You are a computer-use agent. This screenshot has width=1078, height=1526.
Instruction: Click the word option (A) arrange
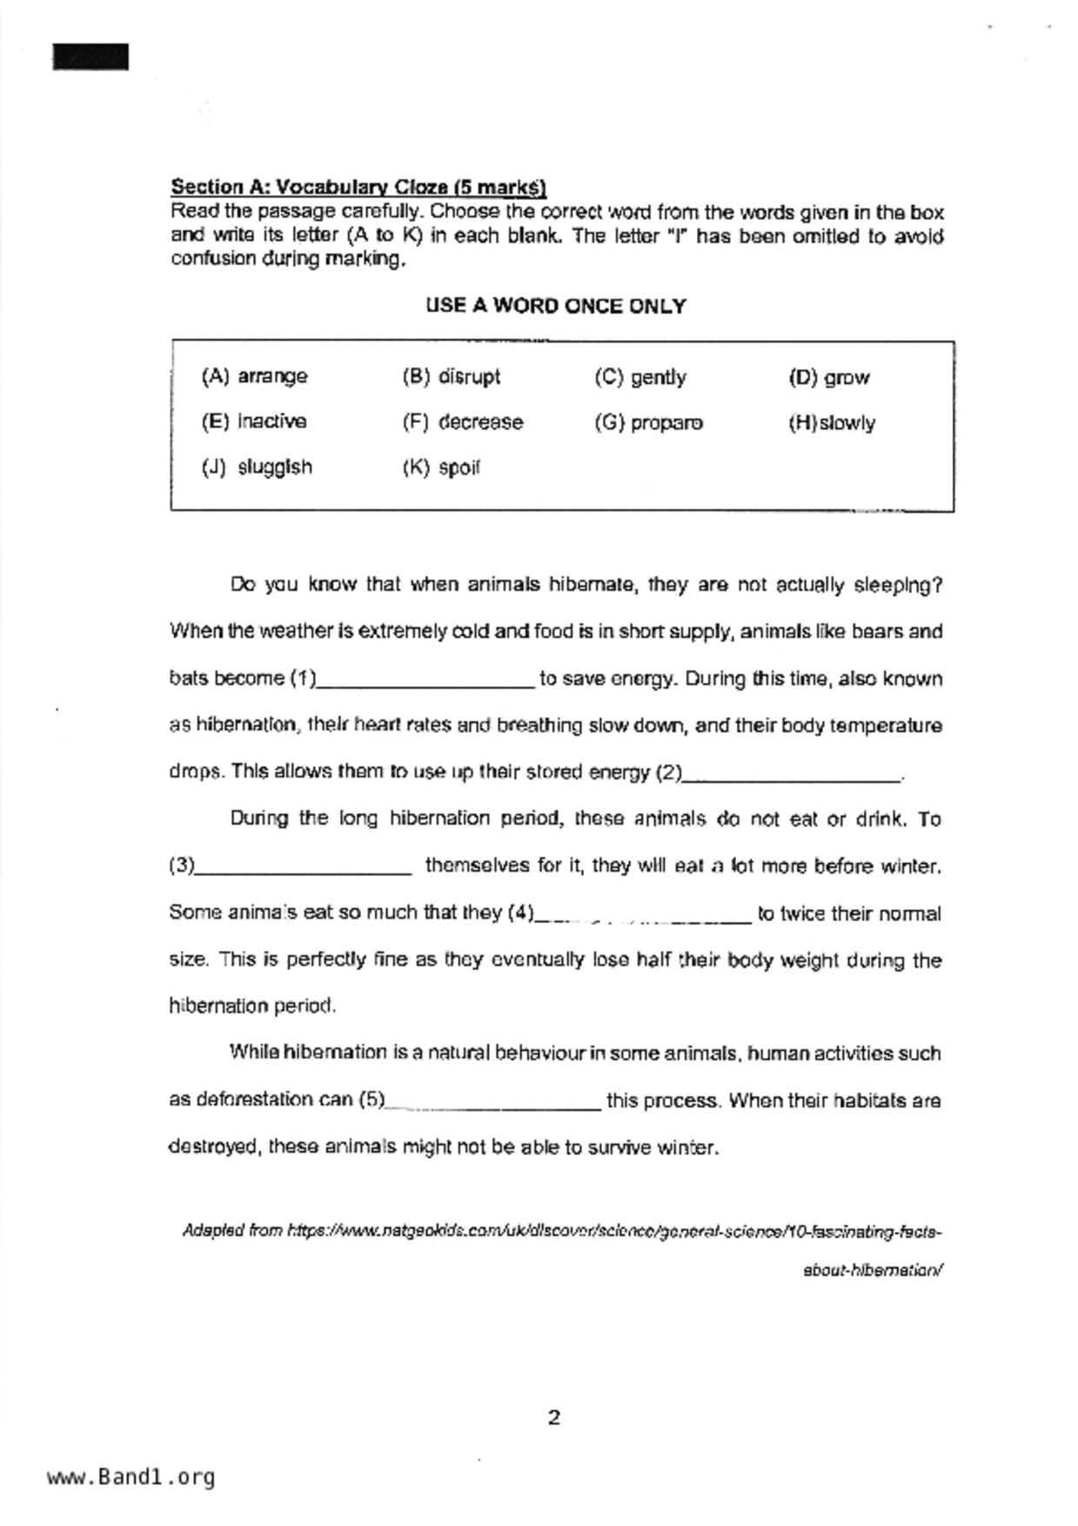click(x=254, y=377)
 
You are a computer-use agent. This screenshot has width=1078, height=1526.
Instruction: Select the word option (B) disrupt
click(x=451, y=377)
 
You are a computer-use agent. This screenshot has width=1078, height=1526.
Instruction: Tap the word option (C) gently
click(x=640, y=378)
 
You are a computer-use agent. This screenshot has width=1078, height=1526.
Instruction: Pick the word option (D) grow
click(x=829, y=378)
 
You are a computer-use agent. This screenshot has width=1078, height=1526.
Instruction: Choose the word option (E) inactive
click(x=254, y=422)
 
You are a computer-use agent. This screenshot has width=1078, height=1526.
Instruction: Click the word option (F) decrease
click(x=463, y=423)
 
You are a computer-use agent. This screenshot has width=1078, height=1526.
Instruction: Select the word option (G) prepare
click(x=649, y=423)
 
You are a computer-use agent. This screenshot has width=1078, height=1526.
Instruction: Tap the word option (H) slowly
click(x=832, y=424)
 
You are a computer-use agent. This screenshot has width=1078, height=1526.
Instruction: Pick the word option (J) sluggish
click(x=257, y=467)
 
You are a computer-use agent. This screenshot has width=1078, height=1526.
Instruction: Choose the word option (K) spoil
click(x=441, y=468)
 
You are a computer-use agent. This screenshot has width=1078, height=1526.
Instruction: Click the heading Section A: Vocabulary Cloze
click(x=358, y=187)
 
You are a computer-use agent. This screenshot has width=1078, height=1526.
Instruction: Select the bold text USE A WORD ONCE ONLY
click(x=555, y=306)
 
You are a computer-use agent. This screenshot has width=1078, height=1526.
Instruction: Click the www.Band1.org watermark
click(x=131, y=1477)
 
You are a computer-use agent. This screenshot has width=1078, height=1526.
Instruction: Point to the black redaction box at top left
click(x=90, y=57)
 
